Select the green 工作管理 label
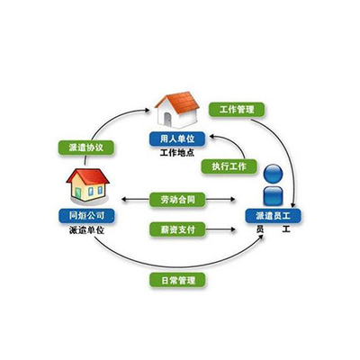click(x=237, y=110)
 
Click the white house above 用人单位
click(x=177, y=110)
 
